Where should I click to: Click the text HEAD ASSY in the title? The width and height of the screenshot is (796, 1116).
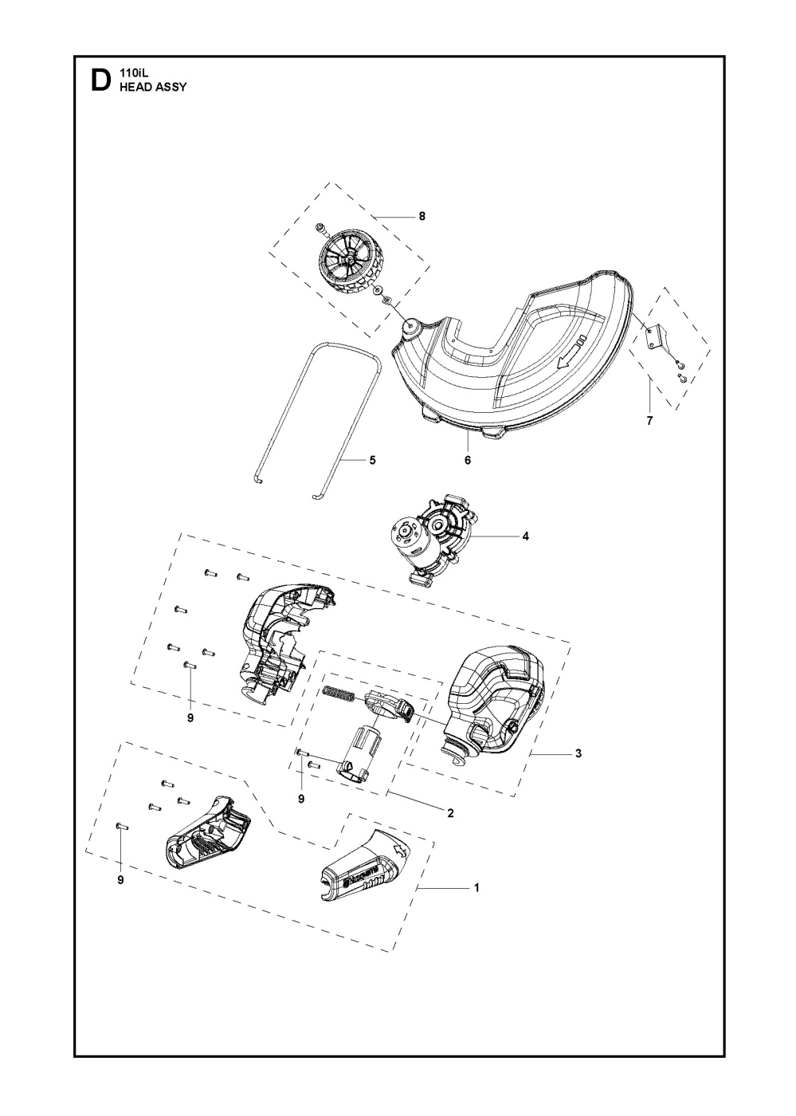coord(152,87)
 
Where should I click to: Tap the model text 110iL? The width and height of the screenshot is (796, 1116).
coord(131,73)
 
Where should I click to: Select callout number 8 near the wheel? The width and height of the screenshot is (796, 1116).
coord(422,217)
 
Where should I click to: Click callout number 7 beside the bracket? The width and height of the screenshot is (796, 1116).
coord(649,421)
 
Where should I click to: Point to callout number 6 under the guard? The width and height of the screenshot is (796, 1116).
coord(468,460)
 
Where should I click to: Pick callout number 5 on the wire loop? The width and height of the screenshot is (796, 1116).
coord(372,460)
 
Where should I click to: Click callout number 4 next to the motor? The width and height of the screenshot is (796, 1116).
coord(525,536)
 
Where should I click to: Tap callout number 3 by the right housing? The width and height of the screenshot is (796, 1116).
coord(578,753)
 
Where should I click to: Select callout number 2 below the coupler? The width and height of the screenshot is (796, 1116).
coord(450,813)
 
